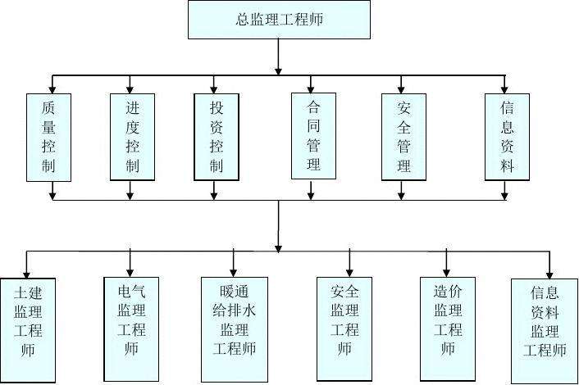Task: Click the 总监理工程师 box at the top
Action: click(x=279, y=20)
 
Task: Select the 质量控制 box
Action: click(x=51, y=137)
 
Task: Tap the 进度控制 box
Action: click(x=132, y=137)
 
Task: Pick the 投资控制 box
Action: click(x=216, y=137)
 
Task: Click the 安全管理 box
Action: click(x=403, y=137)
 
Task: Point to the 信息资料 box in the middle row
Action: click(x=508, y=137)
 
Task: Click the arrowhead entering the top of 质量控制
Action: click(x=52, y=88)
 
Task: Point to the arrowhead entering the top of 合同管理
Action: click(x=311, y=88)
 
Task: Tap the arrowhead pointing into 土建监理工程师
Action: click(x=26, y=273)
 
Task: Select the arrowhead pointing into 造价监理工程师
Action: click(x=447, y=271)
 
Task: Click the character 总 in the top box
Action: click(x=241, y=20)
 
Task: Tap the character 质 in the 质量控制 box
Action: click(x=51, y=106)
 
